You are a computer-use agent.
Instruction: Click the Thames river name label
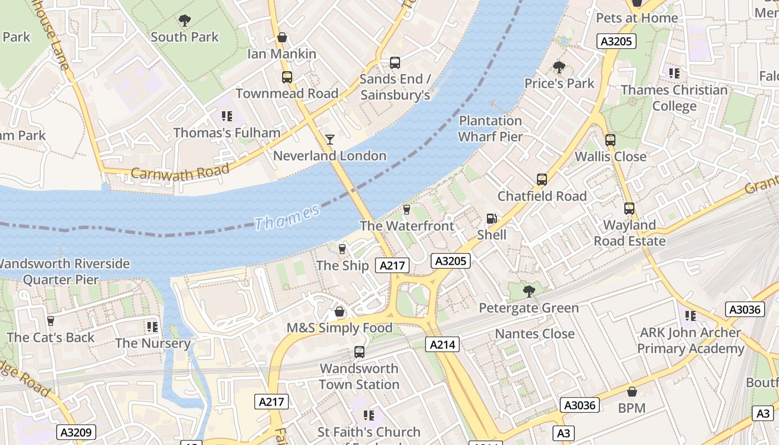coord(288,217)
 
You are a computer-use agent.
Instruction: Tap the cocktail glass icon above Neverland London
coord(330,139)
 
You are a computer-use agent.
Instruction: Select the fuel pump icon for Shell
coord(492,219)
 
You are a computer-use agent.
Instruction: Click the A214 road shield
coord(443,344)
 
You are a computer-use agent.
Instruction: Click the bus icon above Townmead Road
coord(287,77)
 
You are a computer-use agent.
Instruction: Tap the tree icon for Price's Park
coord(559,67)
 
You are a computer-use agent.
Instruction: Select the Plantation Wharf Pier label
coord(490,128)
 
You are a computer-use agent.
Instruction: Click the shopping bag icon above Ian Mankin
coord(282,38)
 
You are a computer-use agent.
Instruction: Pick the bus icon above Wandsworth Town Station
coord(359,352)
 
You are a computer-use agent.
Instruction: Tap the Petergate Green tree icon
coord(529,291)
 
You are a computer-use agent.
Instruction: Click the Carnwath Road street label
coord(180,171)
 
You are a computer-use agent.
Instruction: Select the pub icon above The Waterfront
coord(407,209)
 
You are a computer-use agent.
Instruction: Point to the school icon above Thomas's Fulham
coord(226,116)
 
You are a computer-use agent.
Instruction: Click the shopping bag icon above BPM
coord(632,392)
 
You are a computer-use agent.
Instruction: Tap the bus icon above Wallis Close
coord(610,140)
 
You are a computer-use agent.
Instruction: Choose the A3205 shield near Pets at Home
coord(616,41)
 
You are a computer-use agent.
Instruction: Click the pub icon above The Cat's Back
coord(51,321)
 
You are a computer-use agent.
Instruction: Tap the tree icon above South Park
coord(184,21)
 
